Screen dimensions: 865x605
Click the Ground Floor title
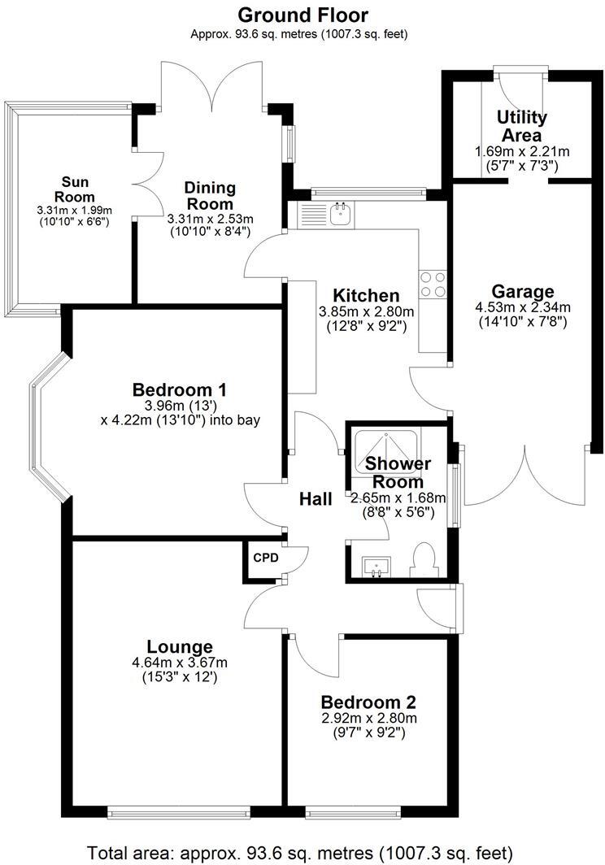tap(302, 15)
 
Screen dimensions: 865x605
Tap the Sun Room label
tap(75, 189)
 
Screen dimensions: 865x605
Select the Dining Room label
tap(209, 195)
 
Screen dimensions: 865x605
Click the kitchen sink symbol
tap(340, 215)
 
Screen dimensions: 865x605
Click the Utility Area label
tap(521, 127)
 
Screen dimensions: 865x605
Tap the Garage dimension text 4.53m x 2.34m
tap(523, 307)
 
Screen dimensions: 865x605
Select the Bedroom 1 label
tap(179, 390)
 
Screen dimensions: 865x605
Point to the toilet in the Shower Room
tap(425, 561)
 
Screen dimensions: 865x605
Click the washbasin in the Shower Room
tap(376, 566)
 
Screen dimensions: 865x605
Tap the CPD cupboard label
tap(266, 559)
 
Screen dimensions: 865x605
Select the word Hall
tap(316, 499)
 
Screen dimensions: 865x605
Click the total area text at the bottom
tap(301, 852)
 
